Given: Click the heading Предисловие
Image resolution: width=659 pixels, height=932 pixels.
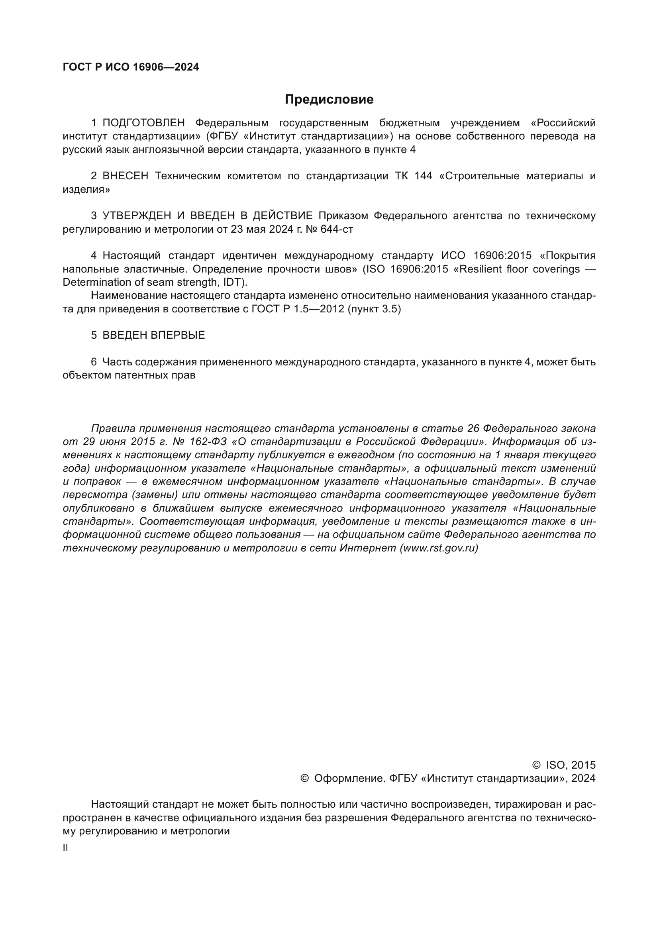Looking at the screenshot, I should [x=329, y=100].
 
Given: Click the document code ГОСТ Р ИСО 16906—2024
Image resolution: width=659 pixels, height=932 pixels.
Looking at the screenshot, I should [x=131, y=67].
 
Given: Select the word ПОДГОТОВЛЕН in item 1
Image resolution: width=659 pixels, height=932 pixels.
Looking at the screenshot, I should [x=144, y=123].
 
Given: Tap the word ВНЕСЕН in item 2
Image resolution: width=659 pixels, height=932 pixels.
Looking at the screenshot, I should [x=126, y=176].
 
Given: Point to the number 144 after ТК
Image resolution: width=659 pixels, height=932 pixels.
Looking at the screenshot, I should [x=423, y=176].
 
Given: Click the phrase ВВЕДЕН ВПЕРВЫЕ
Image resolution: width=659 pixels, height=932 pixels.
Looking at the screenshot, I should [x=153, y=335].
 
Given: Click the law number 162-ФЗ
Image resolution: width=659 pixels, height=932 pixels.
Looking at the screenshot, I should [x=207, y=441].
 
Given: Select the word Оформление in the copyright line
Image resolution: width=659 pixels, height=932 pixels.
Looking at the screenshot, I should [x=349, y=778].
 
